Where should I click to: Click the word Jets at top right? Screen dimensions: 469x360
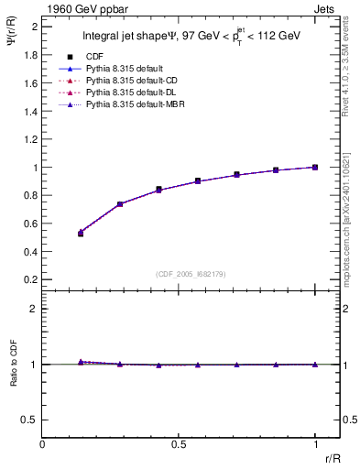326,8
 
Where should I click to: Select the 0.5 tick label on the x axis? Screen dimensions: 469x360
180,443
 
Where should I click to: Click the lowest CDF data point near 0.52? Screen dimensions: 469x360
81,234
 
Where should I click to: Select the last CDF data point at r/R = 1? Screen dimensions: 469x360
315,167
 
